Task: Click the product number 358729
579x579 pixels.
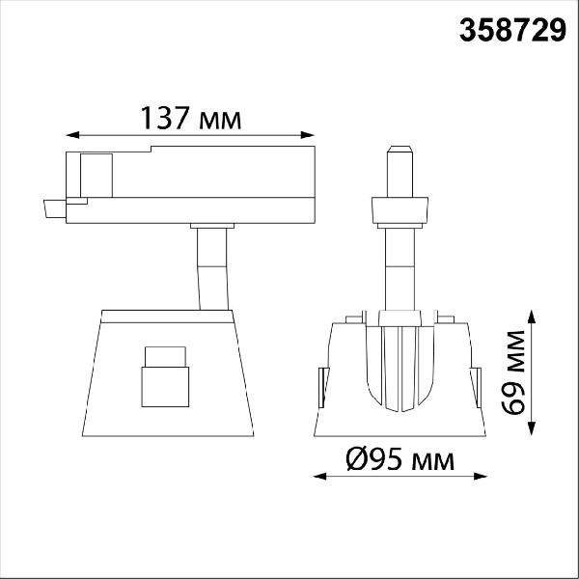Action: pyautogui.click(x=512, y=30)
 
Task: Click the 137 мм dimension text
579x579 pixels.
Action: pyautogui.click(x=190, y=118)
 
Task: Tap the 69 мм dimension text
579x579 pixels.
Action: pyautogui.click(x=512, y=372)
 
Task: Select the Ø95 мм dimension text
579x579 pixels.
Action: pyautogui.click(x=400, y=459)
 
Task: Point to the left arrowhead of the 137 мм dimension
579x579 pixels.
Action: pyautogui.click(x=72, y=135)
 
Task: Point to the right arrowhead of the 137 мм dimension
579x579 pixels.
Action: pyautogui.click(x=307, y=135)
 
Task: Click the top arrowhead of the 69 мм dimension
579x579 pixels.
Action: pyautogui.click(x=532, y=317)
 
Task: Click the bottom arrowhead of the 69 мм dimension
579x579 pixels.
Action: pyautogui.click(x=532, y=428)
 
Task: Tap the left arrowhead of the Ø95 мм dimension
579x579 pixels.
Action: pyautogui.click(x=319, y=477)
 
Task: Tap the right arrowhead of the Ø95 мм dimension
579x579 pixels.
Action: pyautogui.click(x=480, y=477)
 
